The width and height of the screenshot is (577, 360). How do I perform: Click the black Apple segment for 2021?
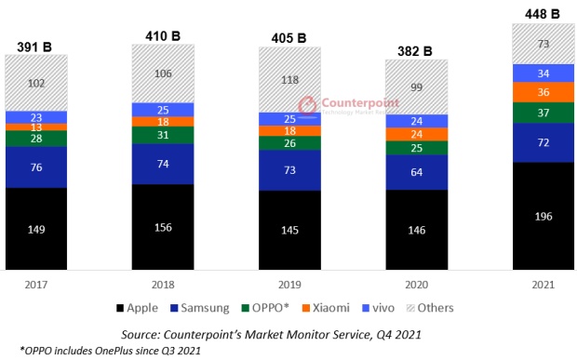(x=544, y=216)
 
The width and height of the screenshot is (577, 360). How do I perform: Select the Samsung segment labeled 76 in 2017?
(x=35, y=167)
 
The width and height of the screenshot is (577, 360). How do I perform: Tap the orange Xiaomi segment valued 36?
(x=544, y=92)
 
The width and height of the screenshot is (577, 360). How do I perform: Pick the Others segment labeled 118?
(x=289, y=80)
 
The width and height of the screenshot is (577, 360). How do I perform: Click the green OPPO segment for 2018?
(x=163, y=135)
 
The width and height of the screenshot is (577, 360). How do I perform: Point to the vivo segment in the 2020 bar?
(x=417, y=120)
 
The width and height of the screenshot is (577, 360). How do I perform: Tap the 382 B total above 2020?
(x=417, y=48)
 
